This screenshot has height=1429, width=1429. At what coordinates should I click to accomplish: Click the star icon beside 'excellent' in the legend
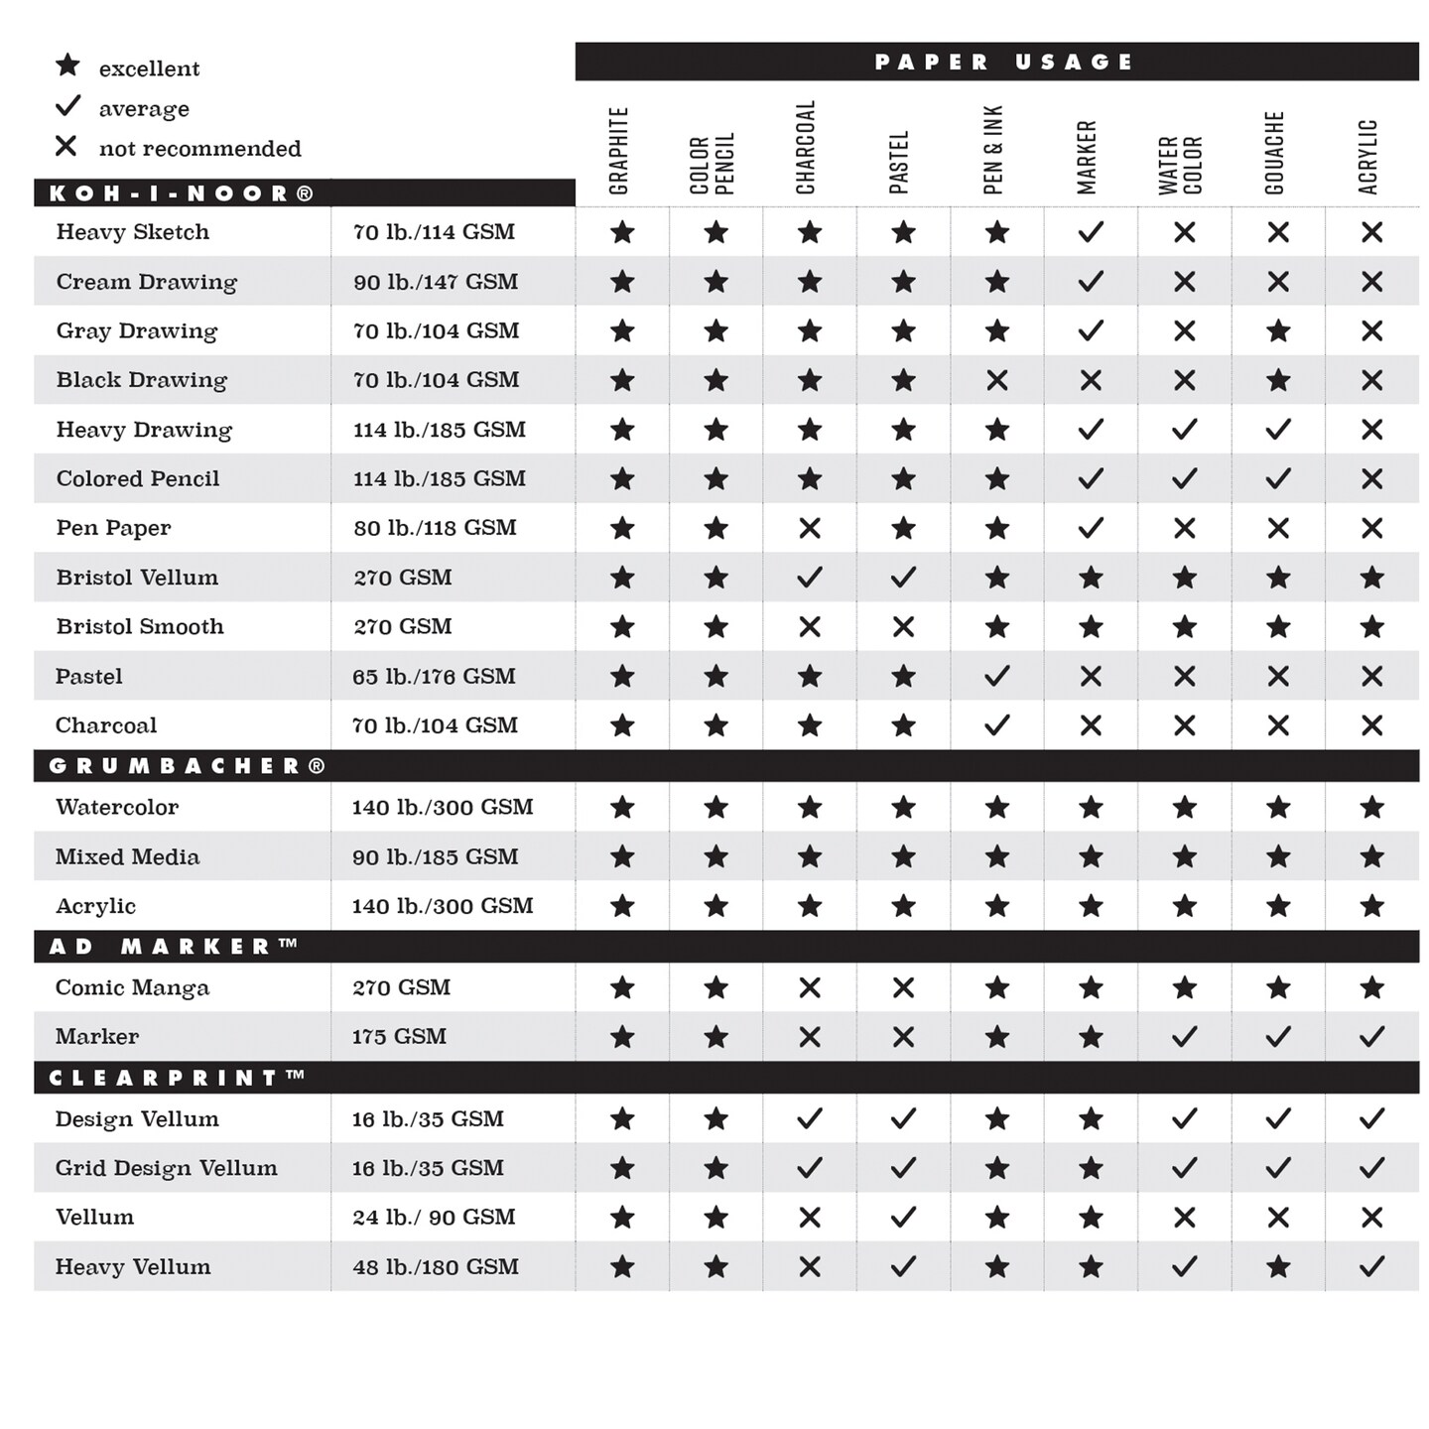pos(67,65)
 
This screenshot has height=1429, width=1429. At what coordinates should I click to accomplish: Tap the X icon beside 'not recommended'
pos(66,146)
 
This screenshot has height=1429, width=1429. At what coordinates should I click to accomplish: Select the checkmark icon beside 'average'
pos(67,105)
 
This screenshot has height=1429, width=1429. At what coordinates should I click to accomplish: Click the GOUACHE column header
pos(1275,152)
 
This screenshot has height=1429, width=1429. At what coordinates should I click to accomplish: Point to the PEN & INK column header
pos(993,149)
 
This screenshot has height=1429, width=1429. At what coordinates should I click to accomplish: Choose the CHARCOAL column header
pos(806,147)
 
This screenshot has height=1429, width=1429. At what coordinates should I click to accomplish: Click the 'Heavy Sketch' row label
pos(133,232)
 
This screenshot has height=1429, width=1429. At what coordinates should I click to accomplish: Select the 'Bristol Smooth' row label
pos(140,626)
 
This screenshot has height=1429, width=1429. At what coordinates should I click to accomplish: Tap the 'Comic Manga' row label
pos(132,987)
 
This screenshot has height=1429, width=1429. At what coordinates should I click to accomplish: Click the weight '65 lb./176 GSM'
pos(434,676)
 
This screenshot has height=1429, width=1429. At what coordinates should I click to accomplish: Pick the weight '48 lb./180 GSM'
pos(435,1266)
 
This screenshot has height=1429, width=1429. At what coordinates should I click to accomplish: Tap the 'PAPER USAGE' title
pos(1002,62)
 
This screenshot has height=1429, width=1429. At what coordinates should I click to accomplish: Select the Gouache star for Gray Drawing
pos(1278,330)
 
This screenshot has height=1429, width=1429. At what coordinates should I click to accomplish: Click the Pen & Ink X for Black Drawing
pos(997,380)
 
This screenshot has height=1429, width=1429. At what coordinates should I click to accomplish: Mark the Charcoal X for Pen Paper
pos(810,528)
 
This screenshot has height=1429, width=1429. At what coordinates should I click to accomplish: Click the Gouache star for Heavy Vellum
pos(1278,1266)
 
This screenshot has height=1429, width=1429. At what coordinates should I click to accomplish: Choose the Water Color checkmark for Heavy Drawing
pos(1185,430)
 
